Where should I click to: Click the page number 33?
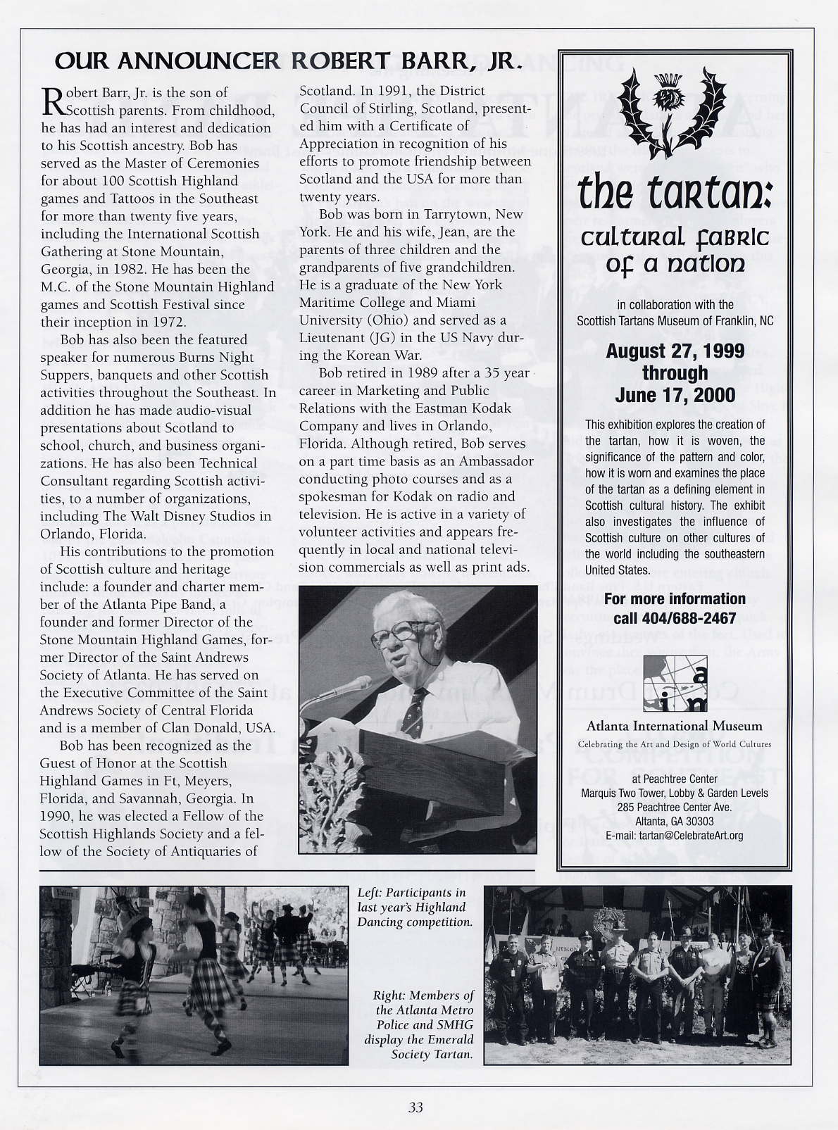click(x=415, y=1107)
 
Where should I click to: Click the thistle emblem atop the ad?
click(x=675, y=113)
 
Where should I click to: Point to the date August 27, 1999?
click(x=675, y=351)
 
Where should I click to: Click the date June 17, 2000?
click(x=675, y=396)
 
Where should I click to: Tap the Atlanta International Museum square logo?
click(x=675, y=683)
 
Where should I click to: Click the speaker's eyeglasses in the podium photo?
click(x=398, y=631)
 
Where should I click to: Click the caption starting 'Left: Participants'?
click(x=414, y=907)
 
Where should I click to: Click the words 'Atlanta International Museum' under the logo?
click(x=674, y=726)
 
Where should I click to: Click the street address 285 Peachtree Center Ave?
click(x=674, y=807)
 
